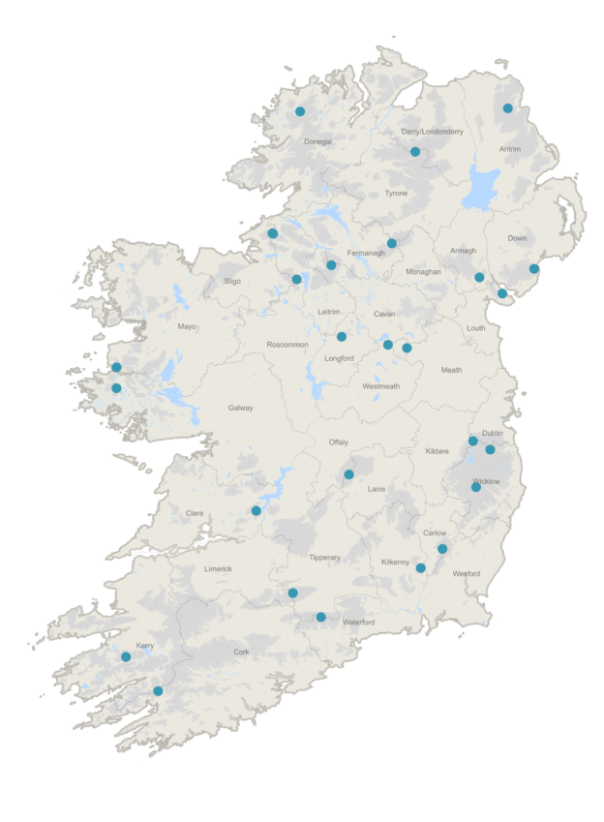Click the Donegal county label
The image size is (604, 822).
tap(317, 141)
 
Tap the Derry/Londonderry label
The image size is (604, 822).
tap(432, 132)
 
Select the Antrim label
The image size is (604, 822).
tap(510, 149)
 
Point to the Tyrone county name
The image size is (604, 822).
tap(396, 194)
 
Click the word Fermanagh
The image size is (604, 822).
tap(366, 253)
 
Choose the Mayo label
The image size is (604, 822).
tap(187, 326)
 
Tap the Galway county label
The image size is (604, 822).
tap(240, 408)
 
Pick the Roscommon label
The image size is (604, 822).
tap(287, 345)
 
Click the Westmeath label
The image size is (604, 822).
tap(380, 386)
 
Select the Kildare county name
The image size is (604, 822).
tap(438, 451)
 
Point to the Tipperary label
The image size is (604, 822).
tap(324, 558)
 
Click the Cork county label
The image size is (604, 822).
tap(241, 652)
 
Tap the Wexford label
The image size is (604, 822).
tap(467, 573)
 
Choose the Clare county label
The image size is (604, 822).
tap(195, 513)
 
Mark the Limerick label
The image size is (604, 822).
tap(218, 568)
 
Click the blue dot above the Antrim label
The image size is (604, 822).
tap(507, 108)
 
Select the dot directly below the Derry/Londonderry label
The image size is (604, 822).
tap(415, 151)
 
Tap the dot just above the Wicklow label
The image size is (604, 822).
tap(476, 487)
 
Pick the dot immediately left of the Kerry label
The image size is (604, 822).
tap(126, 656)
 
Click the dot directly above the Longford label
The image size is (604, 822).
tap(342, 337)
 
